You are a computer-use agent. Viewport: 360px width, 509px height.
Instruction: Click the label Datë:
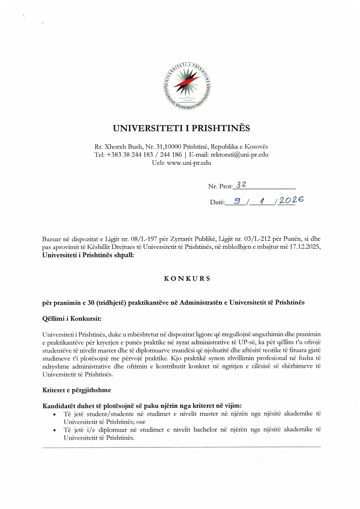[217, 203]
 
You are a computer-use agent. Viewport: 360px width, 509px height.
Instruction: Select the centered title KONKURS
[181, 279]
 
